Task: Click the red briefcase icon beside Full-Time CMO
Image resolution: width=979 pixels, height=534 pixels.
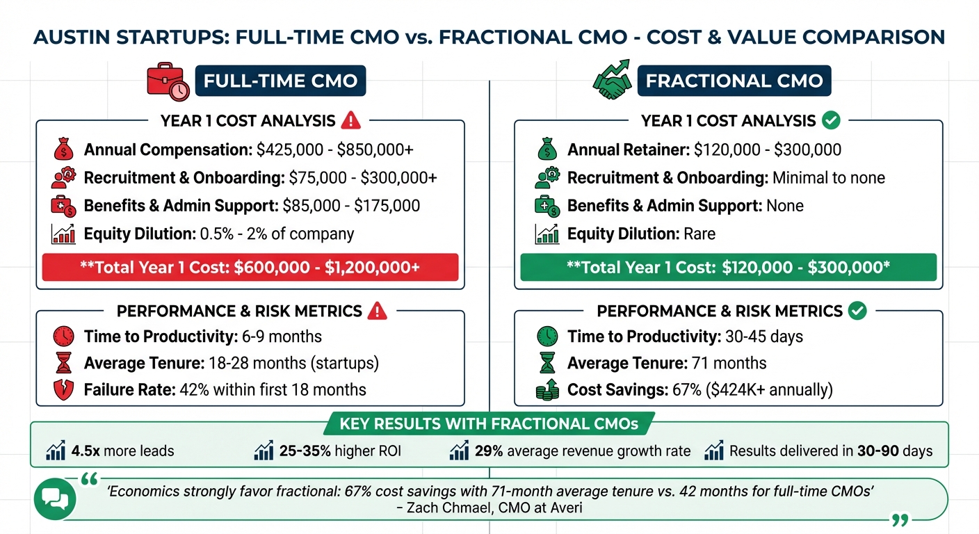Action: [x=168, y=81]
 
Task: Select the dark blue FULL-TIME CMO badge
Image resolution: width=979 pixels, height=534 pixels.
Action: [x=280, y=81]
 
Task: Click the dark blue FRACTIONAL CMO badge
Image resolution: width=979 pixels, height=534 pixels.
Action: [x=734, y=81]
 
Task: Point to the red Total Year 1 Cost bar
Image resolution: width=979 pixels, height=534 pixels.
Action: [x=250, y=267]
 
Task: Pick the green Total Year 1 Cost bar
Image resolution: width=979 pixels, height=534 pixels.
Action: [x=728, y=267]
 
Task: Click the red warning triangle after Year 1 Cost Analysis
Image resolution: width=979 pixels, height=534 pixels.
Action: [x=352, y=121]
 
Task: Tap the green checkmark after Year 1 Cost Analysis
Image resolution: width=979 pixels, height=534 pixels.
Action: [x=830, y=120]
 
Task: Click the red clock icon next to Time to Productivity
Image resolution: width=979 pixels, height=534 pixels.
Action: [x=63, y=337]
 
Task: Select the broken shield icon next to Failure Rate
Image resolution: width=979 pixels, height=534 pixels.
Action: [x=63, y=389]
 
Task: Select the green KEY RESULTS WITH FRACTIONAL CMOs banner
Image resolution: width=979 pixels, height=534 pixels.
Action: [x=489, y=423]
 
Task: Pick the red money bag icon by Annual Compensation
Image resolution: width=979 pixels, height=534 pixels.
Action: [x=63, y=149]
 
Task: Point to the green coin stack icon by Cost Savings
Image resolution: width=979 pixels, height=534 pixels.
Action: [x=547, y=389]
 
